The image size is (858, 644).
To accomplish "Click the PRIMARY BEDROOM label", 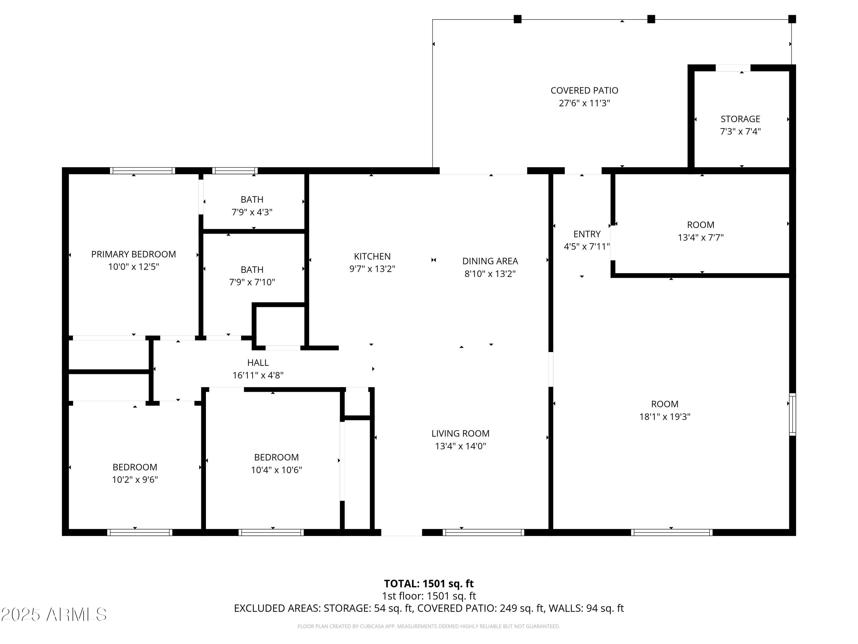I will tap(134, 254).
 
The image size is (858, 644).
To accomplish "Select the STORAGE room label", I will tap(740, 119).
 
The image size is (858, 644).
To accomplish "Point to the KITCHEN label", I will tap(372, 256).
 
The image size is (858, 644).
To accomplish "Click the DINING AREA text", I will tap(490, 261).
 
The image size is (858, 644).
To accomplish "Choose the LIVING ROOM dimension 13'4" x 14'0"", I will tap(460, 446).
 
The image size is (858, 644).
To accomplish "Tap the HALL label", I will tap(258, 363).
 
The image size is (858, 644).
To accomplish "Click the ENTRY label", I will tap(587, 234).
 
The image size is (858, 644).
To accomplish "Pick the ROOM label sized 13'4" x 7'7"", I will tap(700, 225).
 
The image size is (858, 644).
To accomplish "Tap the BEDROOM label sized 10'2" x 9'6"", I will tap(135, 467).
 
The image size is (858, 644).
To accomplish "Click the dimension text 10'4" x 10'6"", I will tap(276, 470).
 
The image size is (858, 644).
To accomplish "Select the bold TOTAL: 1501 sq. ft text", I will tap(429, 583).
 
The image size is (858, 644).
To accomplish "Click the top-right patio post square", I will tap(792, 19).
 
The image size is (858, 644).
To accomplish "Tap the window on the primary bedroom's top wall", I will tap(142, 170).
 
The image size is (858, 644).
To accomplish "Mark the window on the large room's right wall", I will tap(793, 414).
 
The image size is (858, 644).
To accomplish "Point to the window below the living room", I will tap(483, 532).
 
